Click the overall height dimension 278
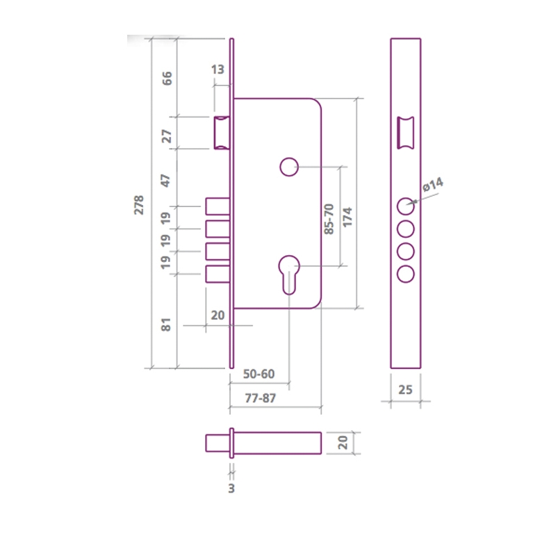tap(139, 204)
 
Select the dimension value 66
tap(167, 77)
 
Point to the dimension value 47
tap(167, 181)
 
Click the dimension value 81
tap(167, 324)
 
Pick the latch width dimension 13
tap(217, 69)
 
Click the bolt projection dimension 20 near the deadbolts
tap(218, 315)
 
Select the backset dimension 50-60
tap(259, 374)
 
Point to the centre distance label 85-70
tap(329, 218)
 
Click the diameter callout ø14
tap(432, 185)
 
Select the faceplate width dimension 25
tap(406, 389)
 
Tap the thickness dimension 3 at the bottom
tap(231, 489)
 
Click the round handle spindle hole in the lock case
tap(288, 167)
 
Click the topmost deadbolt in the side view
tap(216, 206)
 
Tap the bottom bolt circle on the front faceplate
tap(406, 273)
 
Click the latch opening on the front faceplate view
tap(405, 133)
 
